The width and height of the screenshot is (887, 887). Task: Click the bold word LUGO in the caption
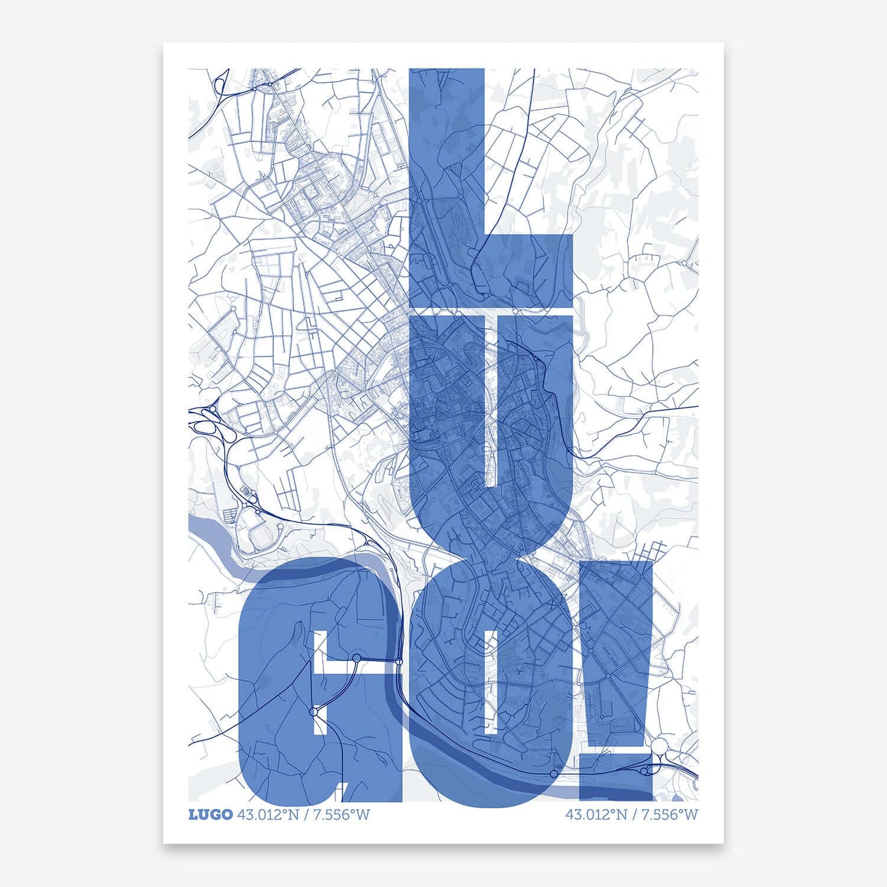210,815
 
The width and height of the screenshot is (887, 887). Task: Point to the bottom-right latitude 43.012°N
596,815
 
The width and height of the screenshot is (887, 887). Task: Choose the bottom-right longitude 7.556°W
670,815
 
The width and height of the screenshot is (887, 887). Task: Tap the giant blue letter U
442,430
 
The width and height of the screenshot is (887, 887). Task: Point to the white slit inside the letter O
490,681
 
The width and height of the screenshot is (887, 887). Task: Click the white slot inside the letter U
491,393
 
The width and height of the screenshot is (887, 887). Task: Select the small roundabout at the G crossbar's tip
356,659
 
